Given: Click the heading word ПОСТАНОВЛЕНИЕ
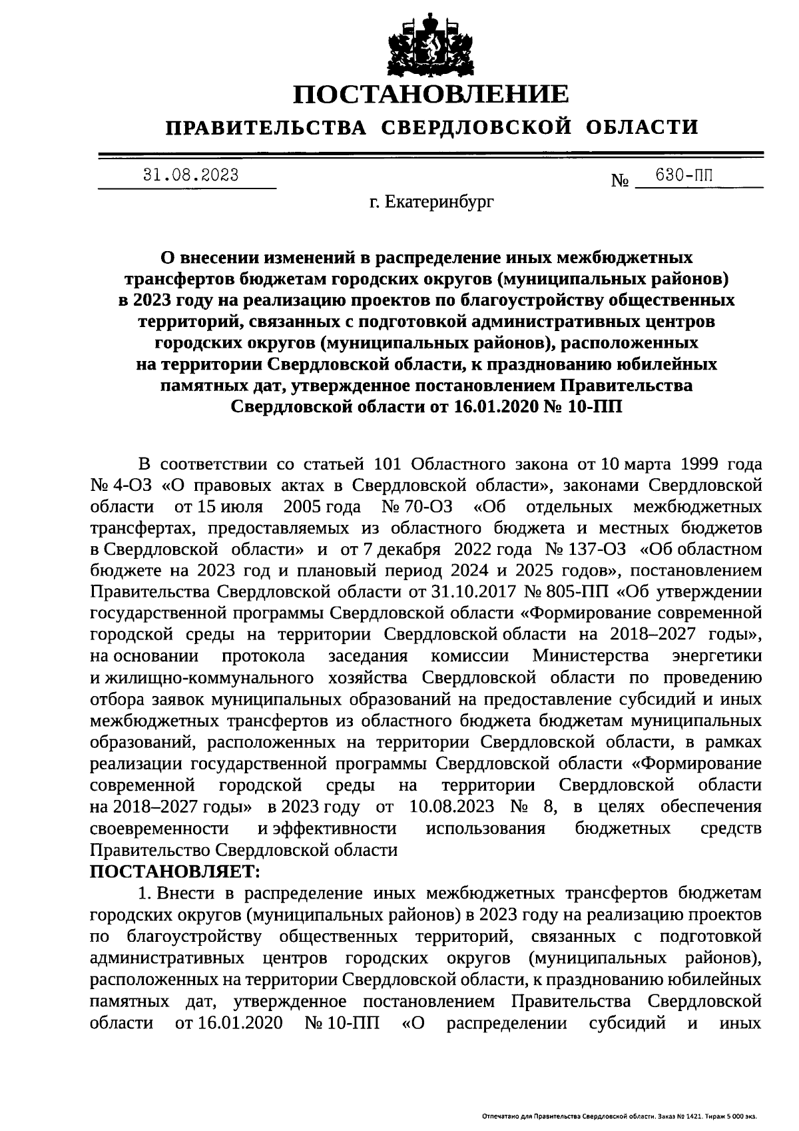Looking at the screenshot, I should (x=432, y=95).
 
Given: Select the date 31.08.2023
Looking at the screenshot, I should (x=191, y=175).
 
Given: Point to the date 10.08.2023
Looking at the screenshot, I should (x=452, y=807).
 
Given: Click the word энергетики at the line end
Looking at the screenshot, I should (x=718, y=656).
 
